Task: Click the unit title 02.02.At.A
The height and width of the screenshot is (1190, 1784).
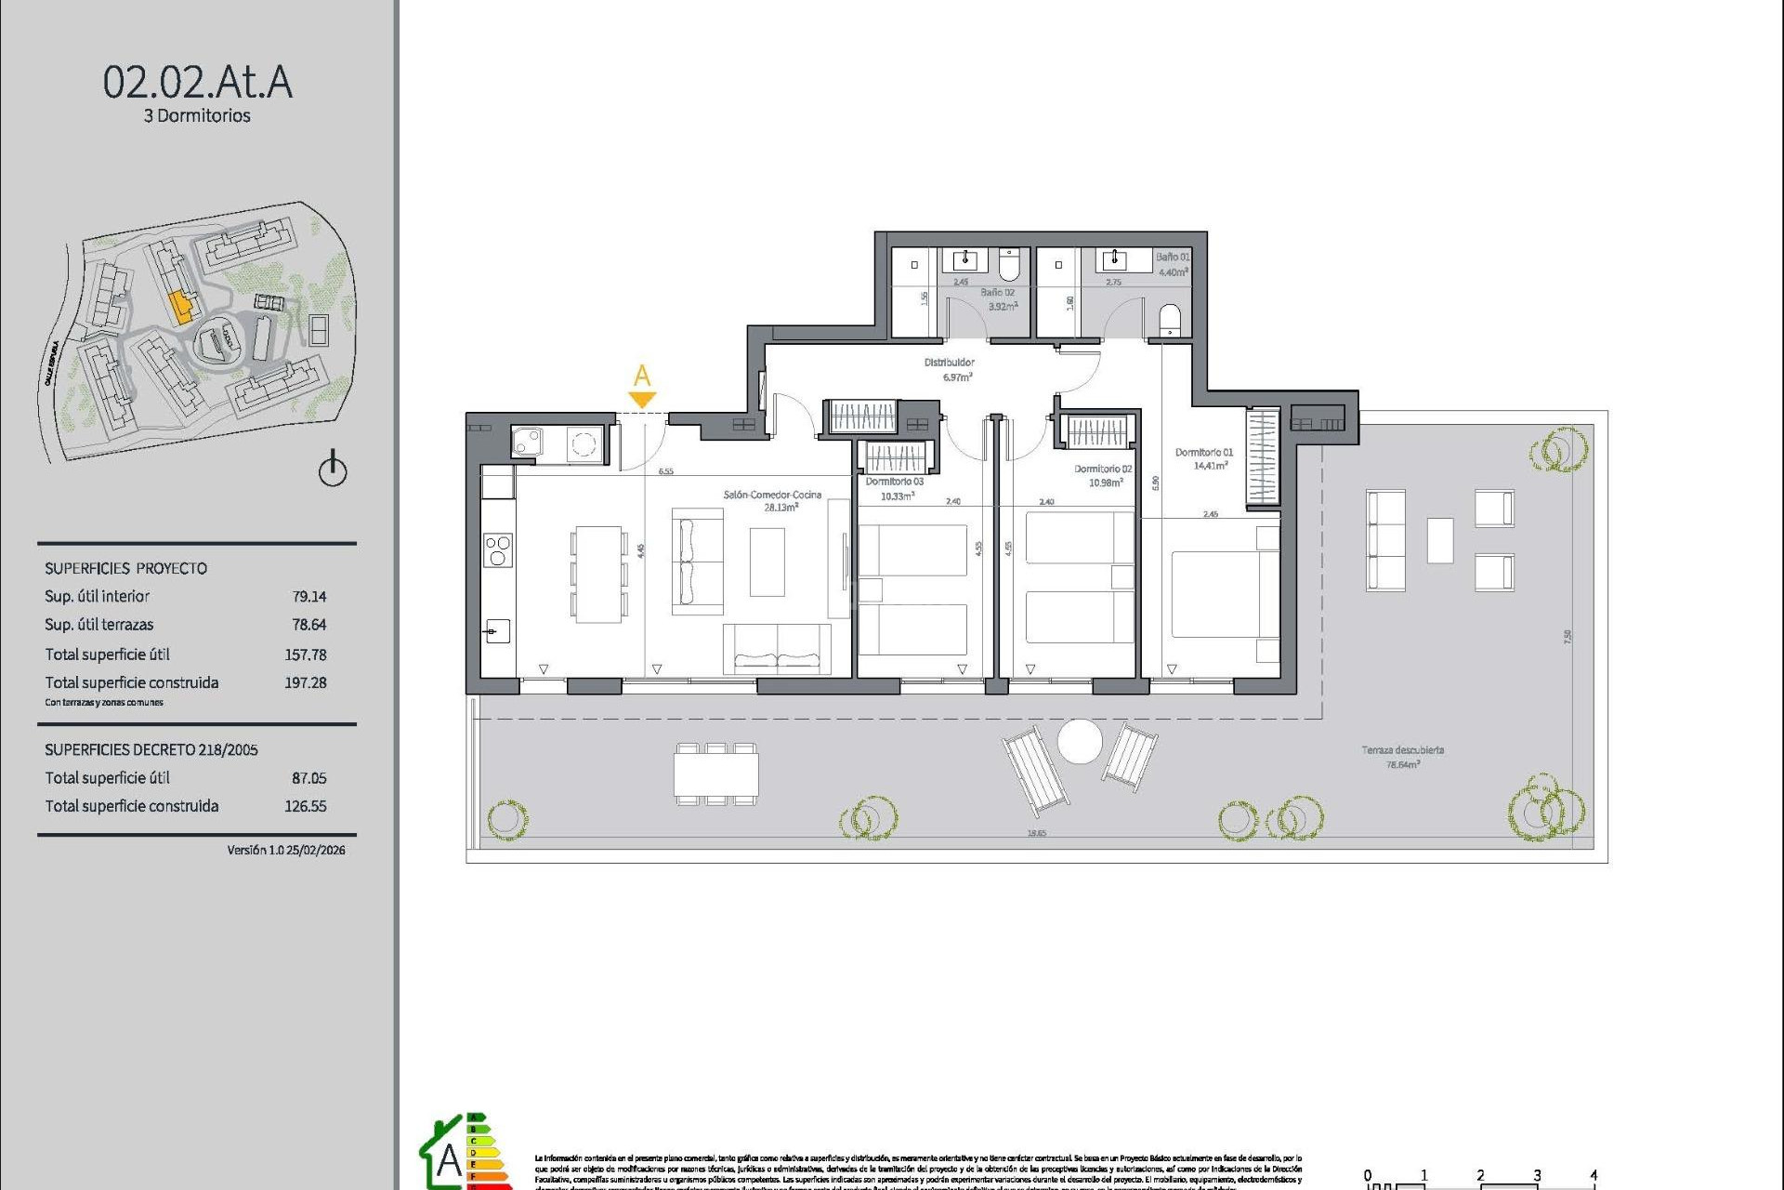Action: coord(197,82)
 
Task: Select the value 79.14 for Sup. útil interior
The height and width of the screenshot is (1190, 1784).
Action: coord(308,597)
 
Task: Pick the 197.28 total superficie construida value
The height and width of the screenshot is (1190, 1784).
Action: coord(305,682)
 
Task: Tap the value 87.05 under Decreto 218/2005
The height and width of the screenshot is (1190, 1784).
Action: coord(308,778)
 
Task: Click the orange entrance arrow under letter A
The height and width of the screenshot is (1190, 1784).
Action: coord(642,400)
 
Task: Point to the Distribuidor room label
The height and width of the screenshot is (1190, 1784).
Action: coord(949,363)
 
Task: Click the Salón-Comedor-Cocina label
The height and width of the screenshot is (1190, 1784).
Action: coord(772,495)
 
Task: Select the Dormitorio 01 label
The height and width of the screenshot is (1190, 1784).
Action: coord(1203,453)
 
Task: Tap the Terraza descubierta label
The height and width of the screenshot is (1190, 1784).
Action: coord(1402,750)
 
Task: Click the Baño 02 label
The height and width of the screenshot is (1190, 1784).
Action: coord(997,293)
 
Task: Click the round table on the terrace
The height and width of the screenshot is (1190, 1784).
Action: coord(1080,742)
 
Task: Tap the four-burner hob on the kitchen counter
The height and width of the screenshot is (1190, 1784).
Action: coord(498,550)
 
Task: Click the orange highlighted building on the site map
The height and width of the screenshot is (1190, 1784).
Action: coord(181,307)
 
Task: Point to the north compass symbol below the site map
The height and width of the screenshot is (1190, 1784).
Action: coord(333,469)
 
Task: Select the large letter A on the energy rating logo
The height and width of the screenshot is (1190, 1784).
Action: coord(449,1160)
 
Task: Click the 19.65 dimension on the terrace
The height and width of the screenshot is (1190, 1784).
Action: coord(1036,833)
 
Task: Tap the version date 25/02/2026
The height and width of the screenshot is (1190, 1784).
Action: coord(316,850)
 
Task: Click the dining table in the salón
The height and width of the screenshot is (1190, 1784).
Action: coord(597,574)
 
